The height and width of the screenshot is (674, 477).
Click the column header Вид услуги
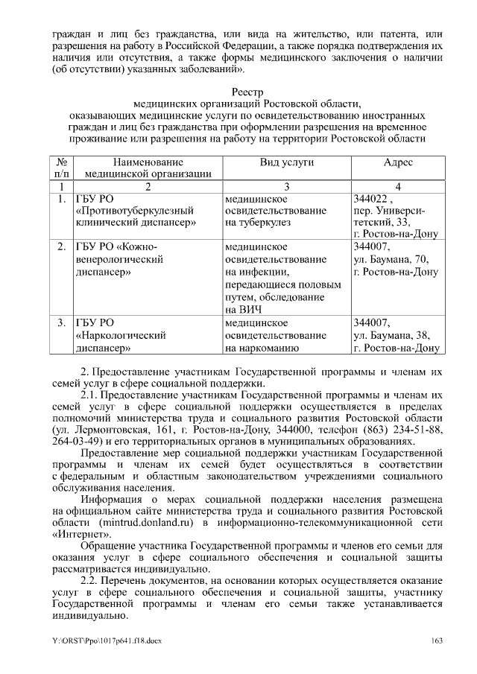click(x=286, y=162)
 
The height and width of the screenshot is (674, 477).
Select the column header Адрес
click(x=398, y=162)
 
